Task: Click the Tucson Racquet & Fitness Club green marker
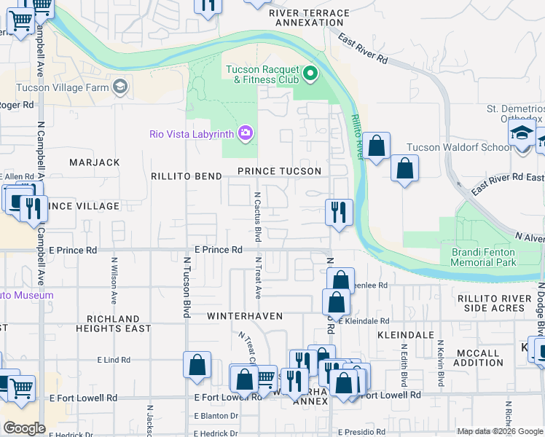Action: point(310,74)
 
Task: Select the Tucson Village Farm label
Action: point(62,88)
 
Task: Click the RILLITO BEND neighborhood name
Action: point(187,176)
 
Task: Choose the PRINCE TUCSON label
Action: point(279,171)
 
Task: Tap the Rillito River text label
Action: point(357,136)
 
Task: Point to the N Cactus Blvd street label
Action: point(257,217)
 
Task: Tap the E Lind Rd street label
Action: point(113,360)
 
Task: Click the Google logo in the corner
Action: point(24,428)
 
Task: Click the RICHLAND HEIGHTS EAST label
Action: point(113,323)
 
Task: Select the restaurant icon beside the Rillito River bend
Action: point(339,213)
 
